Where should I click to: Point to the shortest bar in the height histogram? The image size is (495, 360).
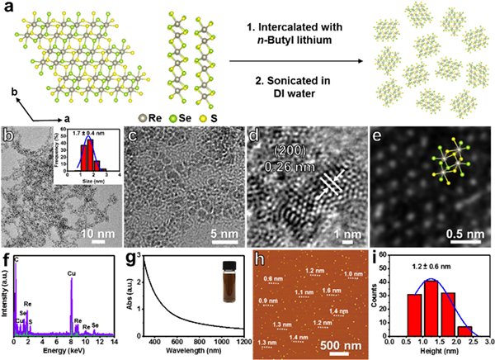[x=466, y=330]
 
